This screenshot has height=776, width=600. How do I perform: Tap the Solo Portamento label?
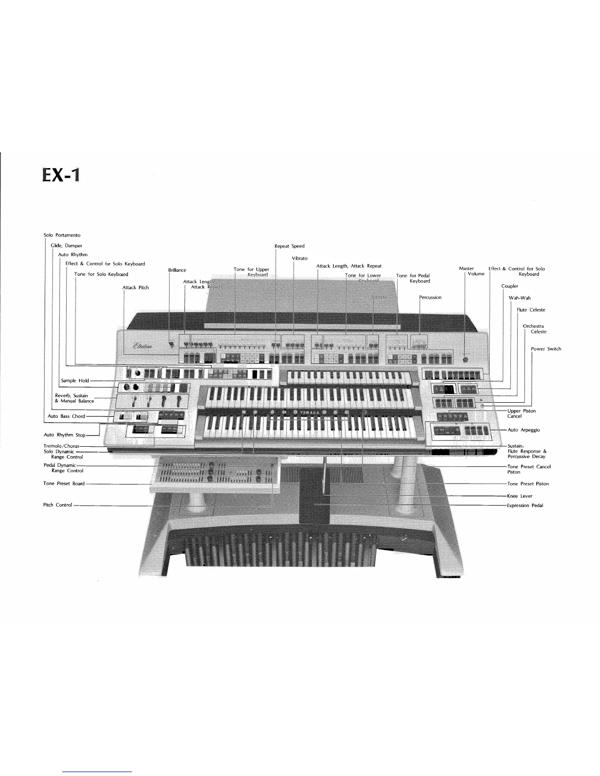click(x=62, y=236)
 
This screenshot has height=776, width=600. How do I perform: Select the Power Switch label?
click(x=546, y=349)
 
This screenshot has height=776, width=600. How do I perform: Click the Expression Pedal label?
click(x=525, y=505)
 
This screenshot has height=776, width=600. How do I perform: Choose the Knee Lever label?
click(x=520, y=496)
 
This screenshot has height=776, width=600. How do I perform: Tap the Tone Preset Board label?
click(x=64, y=484)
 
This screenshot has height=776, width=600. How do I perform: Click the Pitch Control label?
click(x=58, y=505)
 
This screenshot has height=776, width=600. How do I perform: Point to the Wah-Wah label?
click(x=520, y=298)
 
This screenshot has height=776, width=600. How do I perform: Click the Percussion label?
click(x=430, y=297)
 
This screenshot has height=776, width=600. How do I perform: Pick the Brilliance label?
click(x=177, y=270)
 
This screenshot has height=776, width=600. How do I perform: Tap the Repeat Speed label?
click(x=289, y=246)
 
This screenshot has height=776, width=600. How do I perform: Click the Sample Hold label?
click(x=75, y=380)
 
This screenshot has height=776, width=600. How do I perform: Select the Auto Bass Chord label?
click(x=66, y=416)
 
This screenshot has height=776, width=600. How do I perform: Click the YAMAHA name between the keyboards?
click(x=310, y=412)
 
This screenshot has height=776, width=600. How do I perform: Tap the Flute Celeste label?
click(x=531, y=310)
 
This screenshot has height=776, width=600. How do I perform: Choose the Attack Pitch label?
click(x=135, y=288)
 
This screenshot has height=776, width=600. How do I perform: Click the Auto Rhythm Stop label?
click(x=64, y=435)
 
